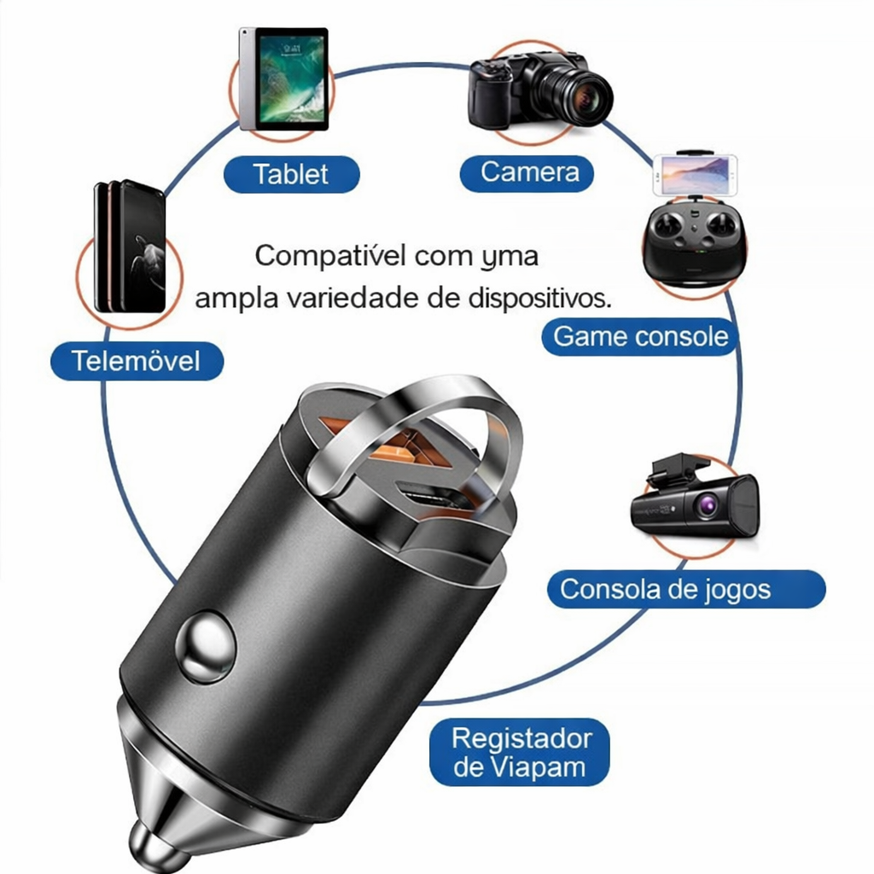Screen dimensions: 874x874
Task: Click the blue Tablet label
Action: click(x=291, y=174)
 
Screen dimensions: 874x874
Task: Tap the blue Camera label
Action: click(x=530, y=172)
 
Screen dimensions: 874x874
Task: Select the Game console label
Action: click(x=640, y=336)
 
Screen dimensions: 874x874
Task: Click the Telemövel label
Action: click(x=136, y=360)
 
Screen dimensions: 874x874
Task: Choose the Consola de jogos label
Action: click(x=665, y=589)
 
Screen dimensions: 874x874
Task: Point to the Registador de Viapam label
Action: click(x=520, y=752)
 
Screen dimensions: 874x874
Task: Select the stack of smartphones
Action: click(x=130, y=248)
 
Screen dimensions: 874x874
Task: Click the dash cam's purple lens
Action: click(x=706, y=506)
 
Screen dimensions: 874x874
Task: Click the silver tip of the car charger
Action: click(x=154, y=845)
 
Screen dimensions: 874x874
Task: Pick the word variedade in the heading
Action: click(x=346, y=299)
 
